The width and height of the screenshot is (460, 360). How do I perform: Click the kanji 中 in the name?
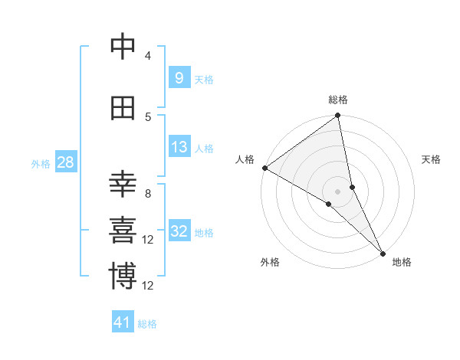[x=123, y=47]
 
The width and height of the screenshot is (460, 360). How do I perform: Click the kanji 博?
[x=123, y=277]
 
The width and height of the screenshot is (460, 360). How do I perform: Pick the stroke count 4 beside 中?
[x=148, y=56]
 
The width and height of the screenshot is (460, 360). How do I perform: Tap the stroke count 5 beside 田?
[x=148, y=116]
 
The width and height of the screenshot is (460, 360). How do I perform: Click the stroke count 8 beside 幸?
[x=148, y=194]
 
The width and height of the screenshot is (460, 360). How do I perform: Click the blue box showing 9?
[x=179, y=78]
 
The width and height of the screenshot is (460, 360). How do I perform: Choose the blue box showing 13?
[x=179, y=147]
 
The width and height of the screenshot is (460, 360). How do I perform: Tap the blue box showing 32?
[x=179, y=232]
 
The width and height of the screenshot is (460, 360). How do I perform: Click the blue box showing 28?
[x=65, y=162]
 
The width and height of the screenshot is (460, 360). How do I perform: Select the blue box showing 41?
[x=123, y=322]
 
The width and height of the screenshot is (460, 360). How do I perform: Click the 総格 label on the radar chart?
[x=338, y=100]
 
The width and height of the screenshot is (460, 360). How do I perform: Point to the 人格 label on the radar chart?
[x=245, y=159]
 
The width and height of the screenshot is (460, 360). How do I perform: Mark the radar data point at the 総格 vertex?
[x=338, y=116]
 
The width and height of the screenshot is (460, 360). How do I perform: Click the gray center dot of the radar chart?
[x=338, y=191]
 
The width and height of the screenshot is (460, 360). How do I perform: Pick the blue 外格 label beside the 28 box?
[x=41, y=163]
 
